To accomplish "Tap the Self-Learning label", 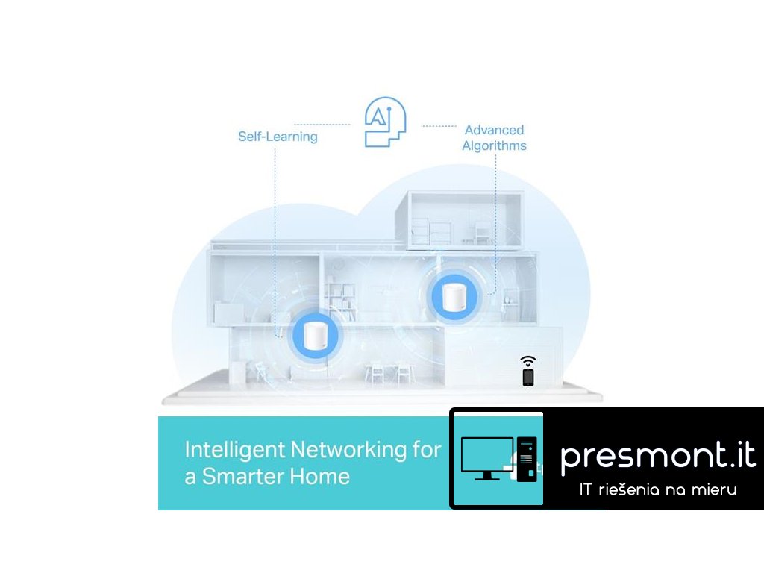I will [x=278, y=137].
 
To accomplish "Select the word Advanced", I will [x=494, y=130].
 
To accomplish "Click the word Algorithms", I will [x=494, y=146].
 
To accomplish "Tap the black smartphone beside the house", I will [x=528, y=377].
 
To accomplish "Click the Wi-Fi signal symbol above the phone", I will [x=528, y=360].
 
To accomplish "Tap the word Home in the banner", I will [x=322, y=476].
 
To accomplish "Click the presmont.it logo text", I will [x=657, y=454].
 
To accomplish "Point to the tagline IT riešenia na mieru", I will [x=657, y=490].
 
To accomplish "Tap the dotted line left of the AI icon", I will [x=322, y=125].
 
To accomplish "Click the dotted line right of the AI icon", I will [x=439, y=126].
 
